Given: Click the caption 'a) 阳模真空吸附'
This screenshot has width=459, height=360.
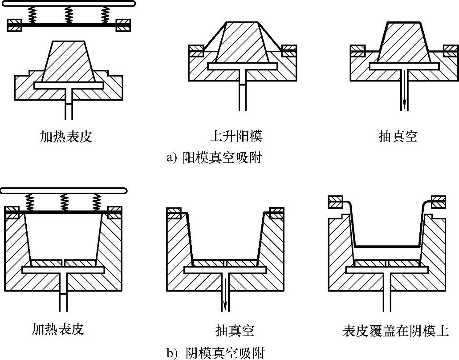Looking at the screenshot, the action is point(214,158).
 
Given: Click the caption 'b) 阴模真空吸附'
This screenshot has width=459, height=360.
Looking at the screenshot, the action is point(216,353).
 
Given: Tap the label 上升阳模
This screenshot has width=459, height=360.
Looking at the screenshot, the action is point(236,136).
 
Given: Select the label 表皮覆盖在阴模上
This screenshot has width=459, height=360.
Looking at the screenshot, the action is point(395,331).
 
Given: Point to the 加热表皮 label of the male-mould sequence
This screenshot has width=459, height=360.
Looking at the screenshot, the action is point(66,136).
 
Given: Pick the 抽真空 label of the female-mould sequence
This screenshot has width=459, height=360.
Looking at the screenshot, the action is point(235,331).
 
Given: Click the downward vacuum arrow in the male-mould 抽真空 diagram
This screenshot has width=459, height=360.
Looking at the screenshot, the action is point(404,90).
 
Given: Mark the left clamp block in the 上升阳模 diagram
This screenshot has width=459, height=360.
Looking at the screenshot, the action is point(196,51).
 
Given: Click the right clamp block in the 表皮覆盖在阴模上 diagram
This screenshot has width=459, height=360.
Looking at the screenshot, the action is point(438,202).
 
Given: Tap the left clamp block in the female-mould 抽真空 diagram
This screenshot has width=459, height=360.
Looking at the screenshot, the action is point(174,213).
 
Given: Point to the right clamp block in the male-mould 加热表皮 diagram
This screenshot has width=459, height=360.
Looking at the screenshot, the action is point(123,25).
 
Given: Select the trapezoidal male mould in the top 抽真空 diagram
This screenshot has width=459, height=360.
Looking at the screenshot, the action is point(404,42).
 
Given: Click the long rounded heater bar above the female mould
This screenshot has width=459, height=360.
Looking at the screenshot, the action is point(64,190).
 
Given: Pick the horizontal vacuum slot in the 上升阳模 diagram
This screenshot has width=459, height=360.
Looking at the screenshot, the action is point(242,66).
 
